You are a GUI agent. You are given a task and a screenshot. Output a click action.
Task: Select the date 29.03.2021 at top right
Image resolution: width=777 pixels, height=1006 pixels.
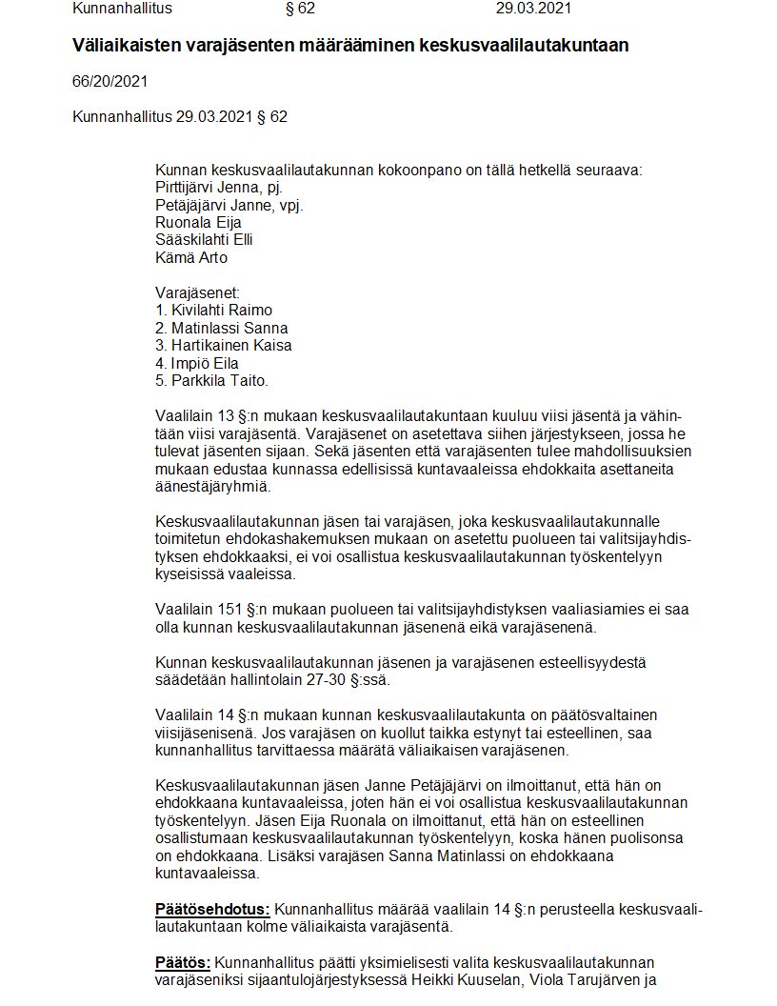click(x=534, y=10)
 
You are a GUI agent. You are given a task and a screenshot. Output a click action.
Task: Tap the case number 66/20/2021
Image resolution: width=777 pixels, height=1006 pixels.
click(x=110, y=82)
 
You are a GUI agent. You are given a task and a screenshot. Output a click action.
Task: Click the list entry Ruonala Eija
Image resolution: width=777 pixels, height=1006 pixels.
click(x=198, y=223)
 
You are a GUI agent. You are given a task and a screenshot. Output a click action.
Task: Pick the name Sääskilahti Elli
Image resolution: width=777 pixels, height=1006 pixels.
click(x=204, y=240)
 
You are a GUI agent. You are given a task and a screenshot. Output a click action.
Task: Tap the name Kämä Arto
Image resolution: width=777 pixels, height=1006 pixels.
click(x=191, y=257)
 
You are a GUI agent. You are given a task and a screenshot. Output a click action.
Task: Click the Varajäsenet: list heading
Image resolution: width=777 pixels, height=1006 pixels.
click(x=197, y=292)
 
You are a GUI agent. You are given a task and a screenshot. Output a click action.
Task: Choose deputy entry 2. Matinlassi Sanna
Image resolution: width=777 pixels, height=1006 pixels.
click(x=221, y=328)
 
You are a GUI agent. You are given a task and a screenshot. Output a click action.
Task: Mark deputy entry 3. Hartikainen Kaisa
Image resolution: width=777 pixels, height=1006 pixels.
click(x=224, y=346)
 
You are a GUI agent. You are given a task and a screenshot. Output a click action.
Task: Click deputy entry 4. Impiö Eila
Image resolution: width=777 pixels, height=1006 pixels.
click(x=197, y=363)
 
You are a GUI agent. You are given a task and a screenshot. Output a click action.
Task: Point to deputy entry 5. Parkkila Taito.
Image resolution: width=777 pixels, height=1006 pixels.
click(x=212, y=380)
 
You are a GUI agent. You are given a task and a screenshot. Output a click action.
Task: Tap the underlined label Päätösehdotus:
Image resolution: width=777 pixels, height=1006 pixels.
click(x=212, y=908)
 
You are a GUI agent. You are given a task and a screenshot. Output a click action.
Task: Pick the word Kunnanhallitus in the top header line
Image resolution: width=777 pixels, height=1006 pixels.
click(x=122, y=10)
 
